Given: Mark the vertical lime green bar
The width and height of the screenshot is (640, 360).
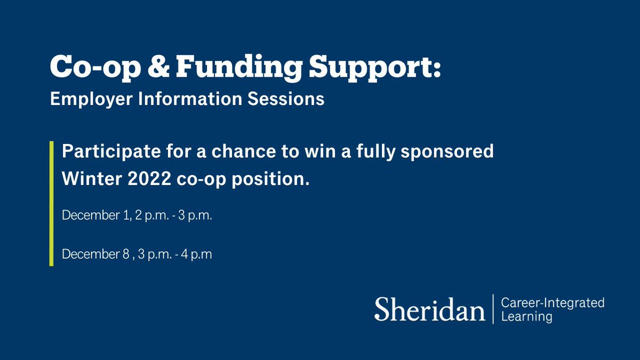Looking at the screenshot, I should pos(51,203).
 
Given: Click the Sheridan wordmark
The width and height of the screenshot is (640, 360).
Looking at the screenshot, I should pos(429,310).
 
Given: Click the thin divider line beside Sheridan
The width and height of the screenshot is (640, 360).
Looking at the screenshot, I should pos(493,309).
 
